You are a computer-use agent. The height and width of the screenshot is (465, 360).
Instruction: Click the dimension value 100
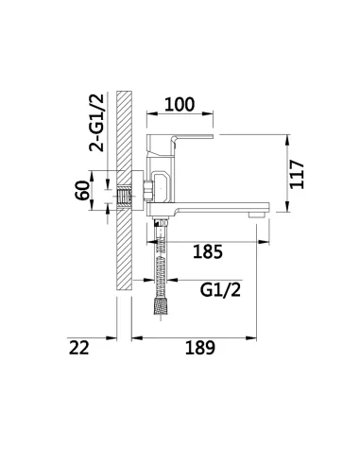click(180, 105)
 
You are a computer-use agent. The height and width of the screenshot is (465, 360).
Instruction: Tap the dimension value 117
click(297, 175)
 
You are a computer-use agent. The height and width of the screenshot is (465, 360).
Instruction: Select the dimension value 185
click(208, 251)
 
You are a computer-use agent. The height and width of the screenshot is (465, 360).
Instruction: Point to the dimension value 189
click(200, 348)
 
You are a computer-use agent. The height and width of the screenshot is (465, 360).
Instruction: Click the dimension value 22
click(79, 348)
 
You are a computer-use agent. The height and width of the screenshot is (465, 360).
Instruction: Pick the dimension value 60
click(82, 190)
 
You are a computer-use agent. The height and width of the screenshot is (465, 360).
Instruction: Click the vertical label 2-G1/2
click(96, 123)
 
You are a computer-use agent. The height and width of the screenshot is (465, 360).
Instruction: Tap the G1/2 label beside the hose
click(220, 290)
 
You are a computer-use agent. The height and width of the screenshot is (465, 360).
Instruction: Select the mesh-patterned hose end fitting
click(161, 306)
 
